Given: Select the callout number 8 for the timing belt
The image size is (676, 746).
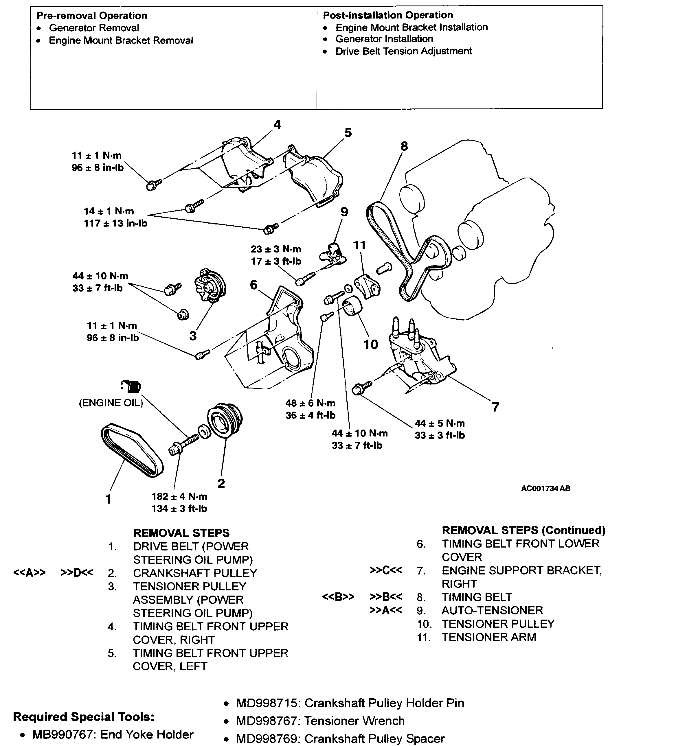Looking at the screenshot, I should (x=404, y=146).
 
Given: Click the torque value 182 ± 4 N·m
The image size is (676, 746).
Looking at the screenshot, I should (x=179, y=496).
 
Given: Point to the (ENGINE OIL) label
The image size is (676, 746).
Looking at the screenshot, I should (x=111, y=403).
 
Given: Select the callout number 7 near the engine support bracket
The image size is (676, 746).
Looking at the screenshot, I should (x=495, y=407).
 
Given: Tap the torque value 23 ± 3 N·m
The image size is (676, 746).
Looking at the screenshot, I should (x=276, y=249).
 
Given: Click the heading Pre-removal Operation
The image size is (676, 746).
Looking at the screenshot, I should (x=92, y=16).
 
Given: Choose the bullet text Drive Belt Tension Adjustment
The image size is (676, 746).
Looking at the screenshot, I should (x=403, y=51).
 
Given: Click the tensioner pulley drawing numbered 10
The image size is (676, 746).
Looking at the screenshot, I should (x=352, y=306).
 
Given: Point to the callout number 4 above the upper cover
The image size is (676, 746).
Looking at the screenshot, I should (x=277, y=125).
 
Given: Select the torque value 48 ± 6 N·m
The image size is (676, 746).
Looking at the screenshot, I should (x=310, y=403).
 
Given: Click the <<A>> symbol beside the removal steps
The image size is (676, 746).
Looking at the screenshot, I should (x=29, y=572).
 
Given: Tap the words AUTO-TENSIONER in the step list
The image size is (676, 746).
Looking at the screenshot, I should (x=492, y=610).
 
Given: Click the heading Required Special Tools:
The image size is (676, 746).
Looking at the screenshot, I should (x=84, y=717).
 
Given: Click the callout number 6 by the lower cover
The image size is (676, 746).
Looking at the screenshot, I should (x=253, y=285).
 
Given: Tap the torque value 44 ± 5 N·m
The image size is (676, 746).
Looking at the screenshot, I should (x=440, y=423).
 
